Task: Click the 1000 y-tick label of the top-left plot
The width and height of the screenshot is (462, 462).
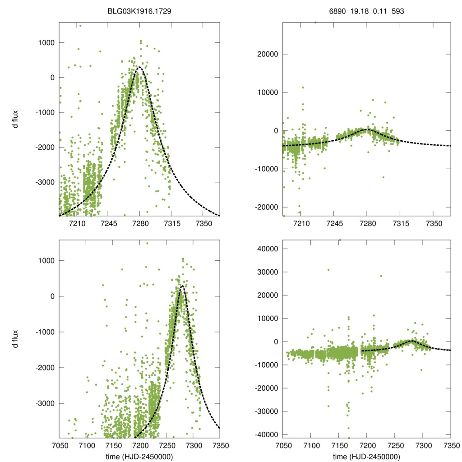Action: coord(46,43)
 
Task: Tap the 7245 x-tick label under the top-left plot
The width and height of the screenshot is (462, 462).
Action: coord(109,223)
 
